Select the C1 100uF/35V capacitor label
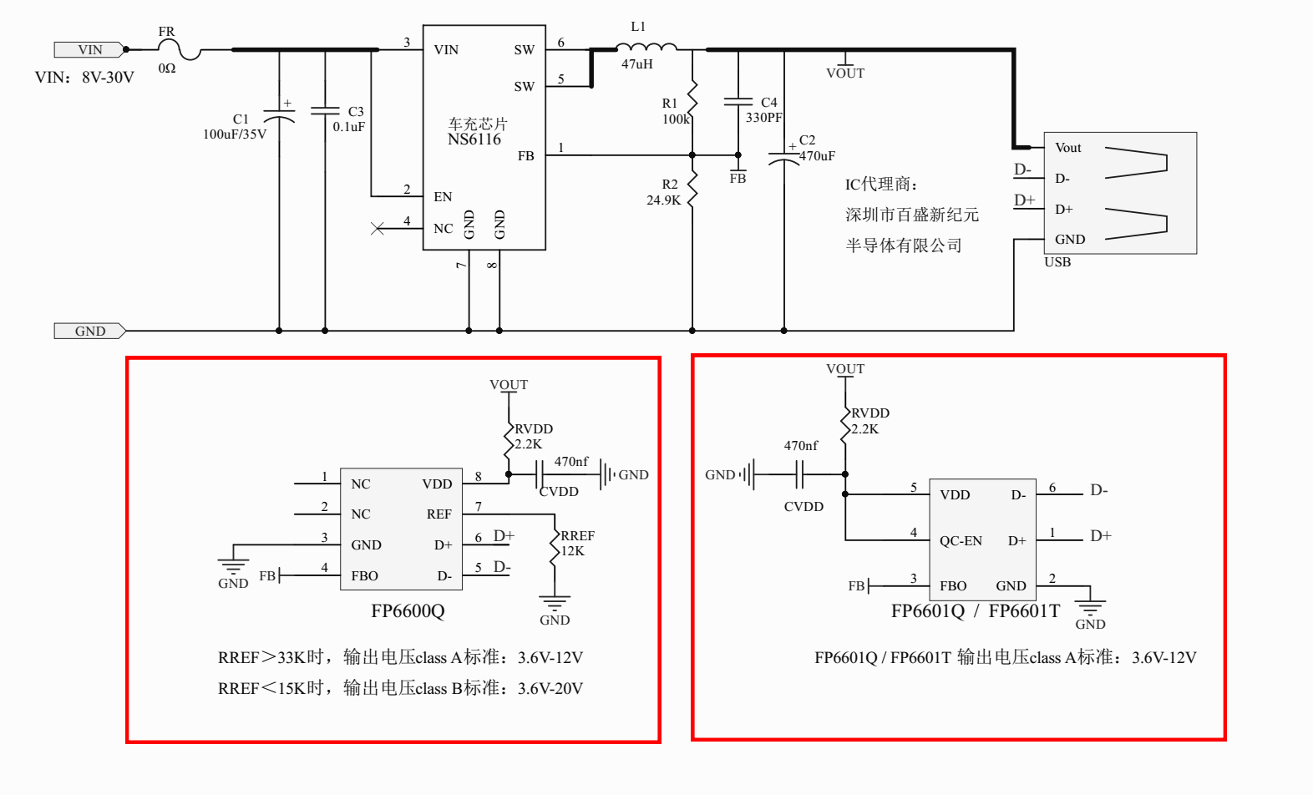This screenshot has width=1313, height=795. pos(236,127)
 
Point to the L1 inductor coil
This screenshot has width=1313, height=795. pos(646,47)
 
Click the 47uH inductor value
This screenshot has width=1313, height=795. pos(637,64)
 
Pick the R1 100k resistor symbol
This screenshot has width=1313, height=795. pos(692,99)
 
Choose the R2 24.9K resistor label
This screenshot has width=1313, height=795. pos(664,193)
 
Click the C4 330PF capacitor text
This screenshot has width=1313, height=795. pos(764,110)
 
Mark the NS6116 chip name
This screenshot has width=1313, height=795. pos(474,139)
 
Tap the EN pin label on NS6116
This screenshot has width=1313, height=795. pos(443,197)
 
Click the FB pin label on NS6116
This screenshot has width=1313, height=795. pos(525,156)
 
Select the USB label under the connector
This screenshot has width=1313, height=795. pos(1057,262)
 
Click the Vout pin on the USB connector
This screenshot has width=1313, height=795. pos(1067,148)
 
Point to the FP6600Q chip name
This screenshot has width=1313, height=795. pos(408,611)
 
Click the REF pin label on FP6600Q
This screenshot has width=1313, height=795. pos(439,514)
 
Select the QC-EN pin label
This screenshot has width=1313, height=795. pos(961,541)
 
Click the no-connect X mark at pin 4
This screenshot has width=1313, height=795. pos(378,228)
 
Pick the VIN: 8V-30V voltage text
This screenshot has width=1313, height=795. pos(84,78)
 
